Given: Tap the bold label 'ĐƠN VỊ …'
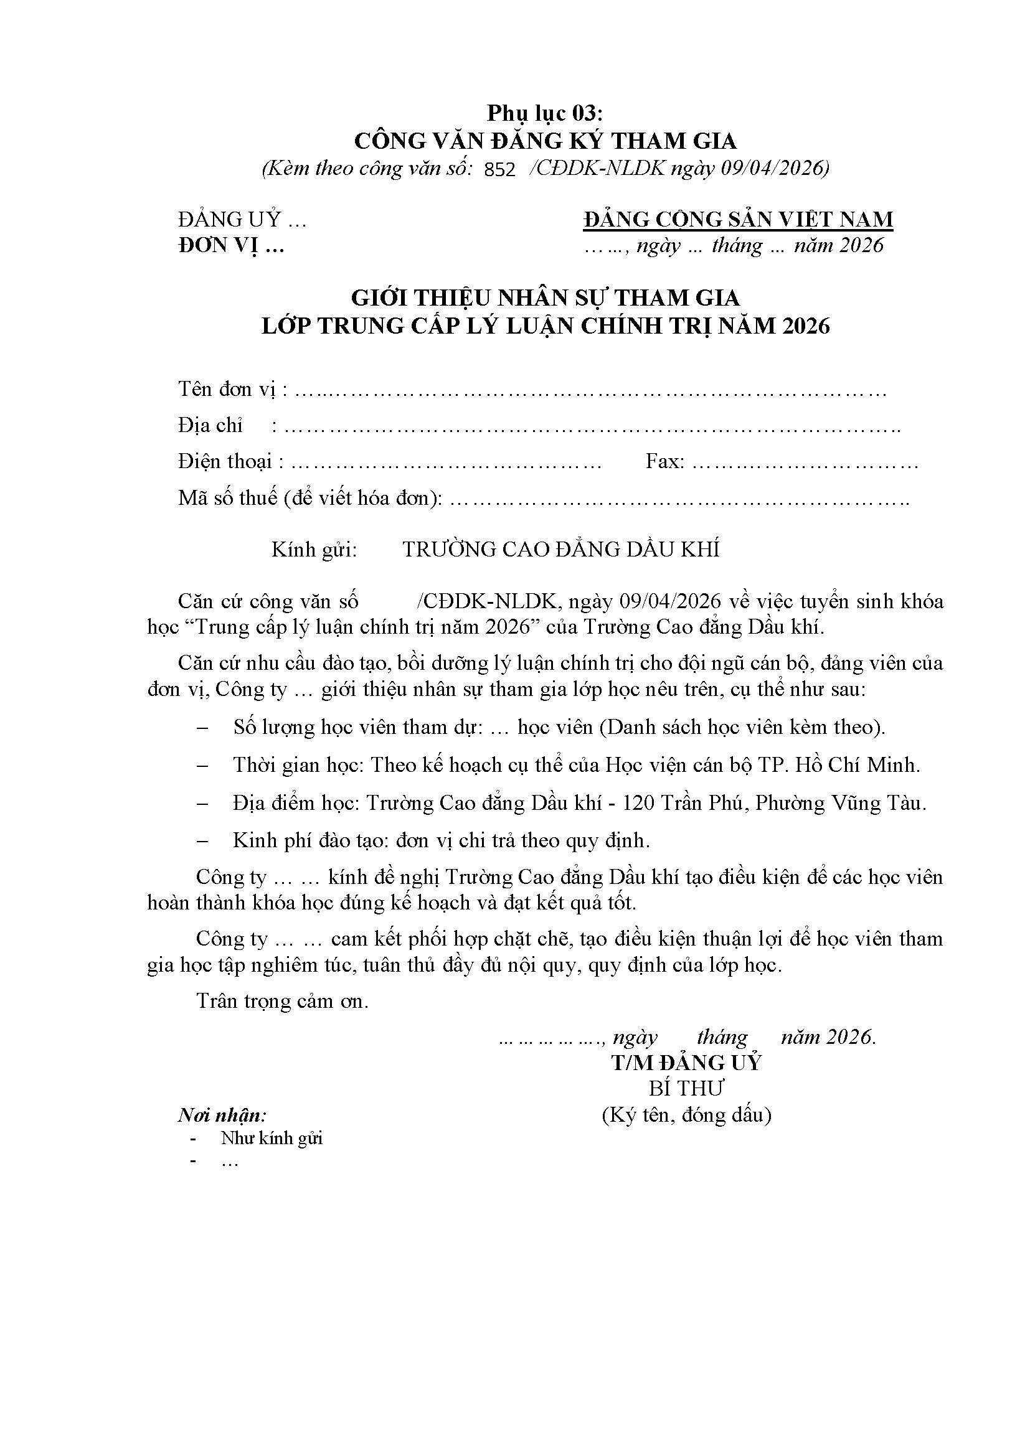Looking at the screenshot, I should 231,245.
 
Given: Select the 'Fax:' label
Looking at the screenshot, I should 664,462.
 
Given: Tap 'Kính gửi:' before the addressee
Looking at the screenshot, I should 314,550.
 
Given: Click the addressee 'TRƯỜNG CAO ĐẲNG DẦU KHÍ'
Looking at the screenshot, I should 560,550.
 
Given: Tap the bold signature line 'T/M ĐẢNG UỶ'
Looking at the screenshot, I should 686,1063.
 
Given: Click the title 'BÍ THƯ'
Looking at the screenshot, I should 686,1089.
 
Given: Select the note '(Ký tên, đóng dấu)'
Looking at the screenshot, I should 686,1115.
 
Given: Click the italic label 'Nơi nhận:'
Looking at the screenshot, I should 222,1115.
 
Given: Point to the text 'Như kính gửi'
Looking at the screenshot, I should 272,1139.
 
